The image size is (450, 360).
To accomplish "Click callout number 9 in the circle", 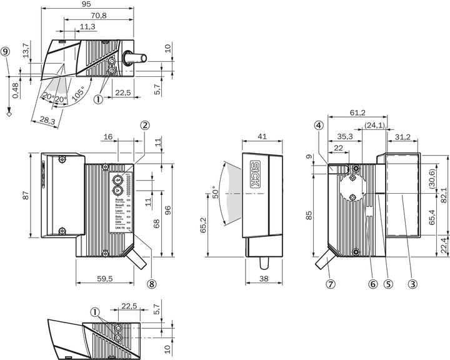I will tap(6, 53).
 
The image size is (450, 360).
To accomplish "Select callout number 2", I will tap(145, 125).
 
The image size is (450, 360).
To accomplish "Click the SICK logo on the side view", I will tap(256, 170).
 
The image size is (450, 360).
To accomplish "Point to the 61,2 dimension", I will tap(357, 112).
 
